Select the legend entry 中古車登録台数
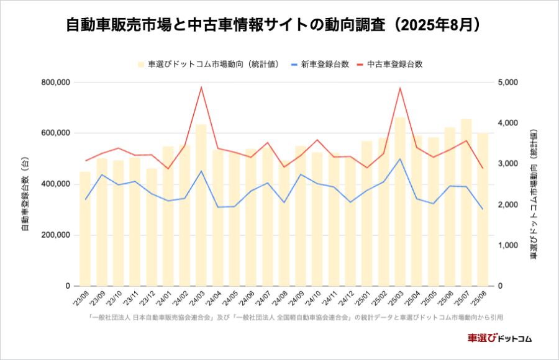(394, 64)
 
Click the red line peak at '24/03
(201, 87)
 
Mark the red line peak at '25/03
(400, 88)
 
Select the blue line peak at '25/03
(400, 158)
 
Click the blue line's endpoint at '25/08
(483, 209)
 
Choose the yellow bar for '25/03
(400, 205)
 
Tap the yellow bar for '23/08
(85, 230)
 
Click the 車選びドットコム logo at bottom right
(499, 338)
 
